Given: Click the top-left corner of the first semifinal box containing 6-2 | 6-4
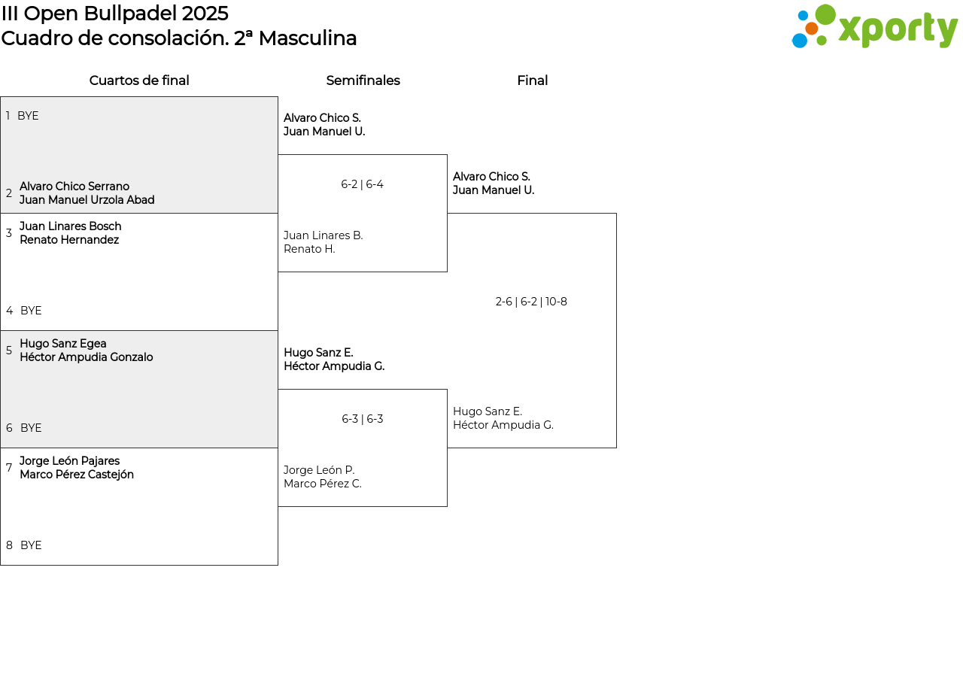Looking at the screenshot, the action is tap(278, 155).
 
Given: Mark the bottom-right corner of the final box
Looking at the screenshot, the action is tap(616, 448).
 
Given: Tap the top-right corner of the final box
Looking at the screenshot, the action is tap(616, 213).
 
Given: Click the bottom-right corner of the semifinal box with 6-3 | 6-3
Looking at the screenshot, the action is tap(448, 506).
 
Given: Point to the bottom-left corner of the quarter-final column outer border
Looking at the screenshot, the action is tap(1, 565).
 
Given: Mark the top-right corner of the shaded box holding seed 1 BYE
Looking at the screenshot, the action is tap(278, 97).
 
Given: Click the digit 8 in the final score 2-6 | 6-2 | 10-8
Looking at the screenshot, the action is tap(564, 302).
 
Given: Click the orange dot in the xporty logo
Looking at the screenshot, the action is tap(811, 29).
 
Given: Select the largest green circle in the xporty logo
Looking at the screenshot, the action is tap(825, 14).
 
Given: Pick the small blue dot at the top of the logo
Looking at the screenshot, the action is tap(803, 16).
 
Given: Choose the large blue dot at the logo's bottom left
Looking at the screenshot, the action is tap(800, 41).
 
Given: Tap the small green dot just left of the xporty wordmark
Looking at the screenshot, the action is tap(822, 41).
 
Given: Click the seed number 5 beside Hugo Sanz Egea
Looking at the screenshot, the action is tap(9, 351).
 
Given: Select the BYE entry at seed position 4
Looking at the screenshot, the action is tap(31, 311).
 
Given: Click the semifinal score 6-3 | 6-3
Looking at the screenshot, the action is tap(363, 419).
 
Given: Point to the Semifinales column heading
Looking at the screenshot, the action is tap(363, 80).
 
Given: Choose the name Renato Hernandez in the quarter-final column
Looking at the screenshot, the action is tap(69, 240).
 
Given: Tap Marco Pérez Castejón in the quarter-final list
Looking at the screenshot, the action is tap(77, 475).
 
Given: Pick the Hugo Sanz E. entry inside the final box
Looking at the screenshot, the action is tap(488, 411).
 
